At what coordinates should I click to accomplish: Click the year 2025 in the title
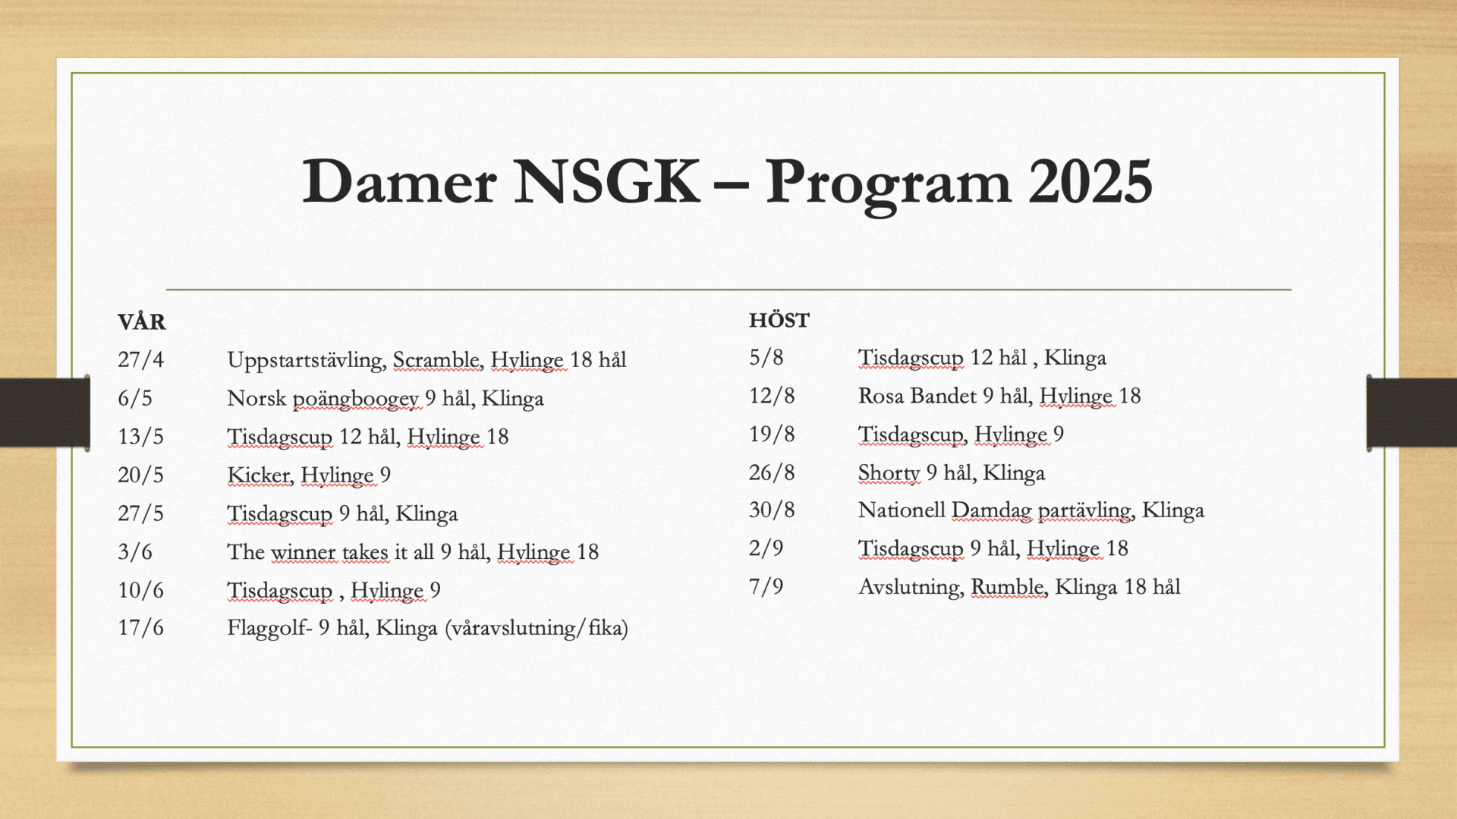(1090, 181)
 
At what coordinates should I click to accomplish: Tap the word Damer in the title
(399, 181)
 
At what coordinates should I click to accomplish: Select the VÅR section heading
(142, 321)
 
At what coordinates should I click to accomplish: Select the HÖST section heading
(779, 320)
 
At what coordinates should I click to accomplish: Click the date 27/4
(140, 359)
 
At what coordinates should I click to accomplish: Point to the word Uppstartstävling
(305, 360)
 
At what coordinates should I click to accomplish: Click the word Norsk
(256, 398)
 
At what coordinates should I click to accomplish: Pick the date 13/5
(140, 437)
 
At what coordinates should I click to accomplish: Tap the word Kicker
(259, 475)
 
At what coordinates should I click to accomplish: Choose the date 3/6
(135, 551)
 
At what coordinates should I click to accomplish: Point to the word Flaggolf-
(269, 629)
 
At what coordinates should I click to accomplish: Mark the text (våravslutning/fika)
(537, 629)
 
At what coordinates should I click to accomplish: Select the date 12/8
(772, 396)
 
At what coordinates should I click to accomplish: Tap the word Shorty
(889, 473)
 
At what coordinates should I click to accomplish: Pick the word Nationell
(902, 510)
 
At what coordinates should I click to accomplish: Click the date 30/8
(772, 510)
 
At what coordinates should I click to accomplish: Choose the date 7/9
(766, 587)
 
